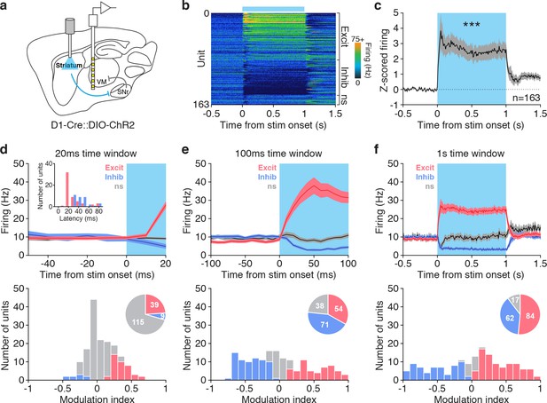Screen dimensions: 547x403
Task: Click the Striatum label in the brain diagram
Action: point(69,66)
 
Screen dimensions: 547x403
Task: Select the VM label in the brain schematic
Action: point(102,82)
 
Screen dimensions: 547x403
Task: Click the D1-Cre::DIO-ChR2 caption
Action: point(92,124)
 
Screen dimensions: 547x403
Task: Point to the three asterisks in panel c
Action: point(472,25)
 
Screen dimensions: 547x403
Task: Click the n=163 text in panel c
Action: point(526,98)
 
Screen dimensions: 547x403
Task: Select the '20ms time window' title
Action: point(96,154)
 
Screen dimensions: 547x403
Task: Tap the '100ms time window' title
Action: point(278,154)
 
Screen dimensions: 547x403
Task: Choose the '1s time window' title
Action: point(472,154)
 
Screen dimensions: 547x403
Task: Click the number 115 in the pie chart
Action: point(138,321)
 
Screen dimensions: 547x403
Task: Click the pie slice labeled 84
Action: point(529,316)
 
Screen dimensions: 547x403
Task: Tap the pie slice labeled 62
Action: point(510,317)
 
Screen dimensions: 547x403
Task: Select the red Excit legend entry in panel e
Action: point(267,168)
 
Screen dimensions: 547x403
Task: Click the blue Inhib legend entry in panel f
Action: point(425,177)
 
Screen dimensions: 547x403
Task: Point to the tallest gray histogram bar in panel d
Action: point(94,339)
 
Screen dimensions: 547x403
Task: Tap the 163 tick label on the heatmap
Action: point(201,104)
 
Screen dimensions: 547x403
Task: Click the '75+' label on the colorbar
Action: point(357,38)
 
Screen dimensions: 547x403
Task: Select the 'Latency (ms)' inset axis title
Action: point(79,218)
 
